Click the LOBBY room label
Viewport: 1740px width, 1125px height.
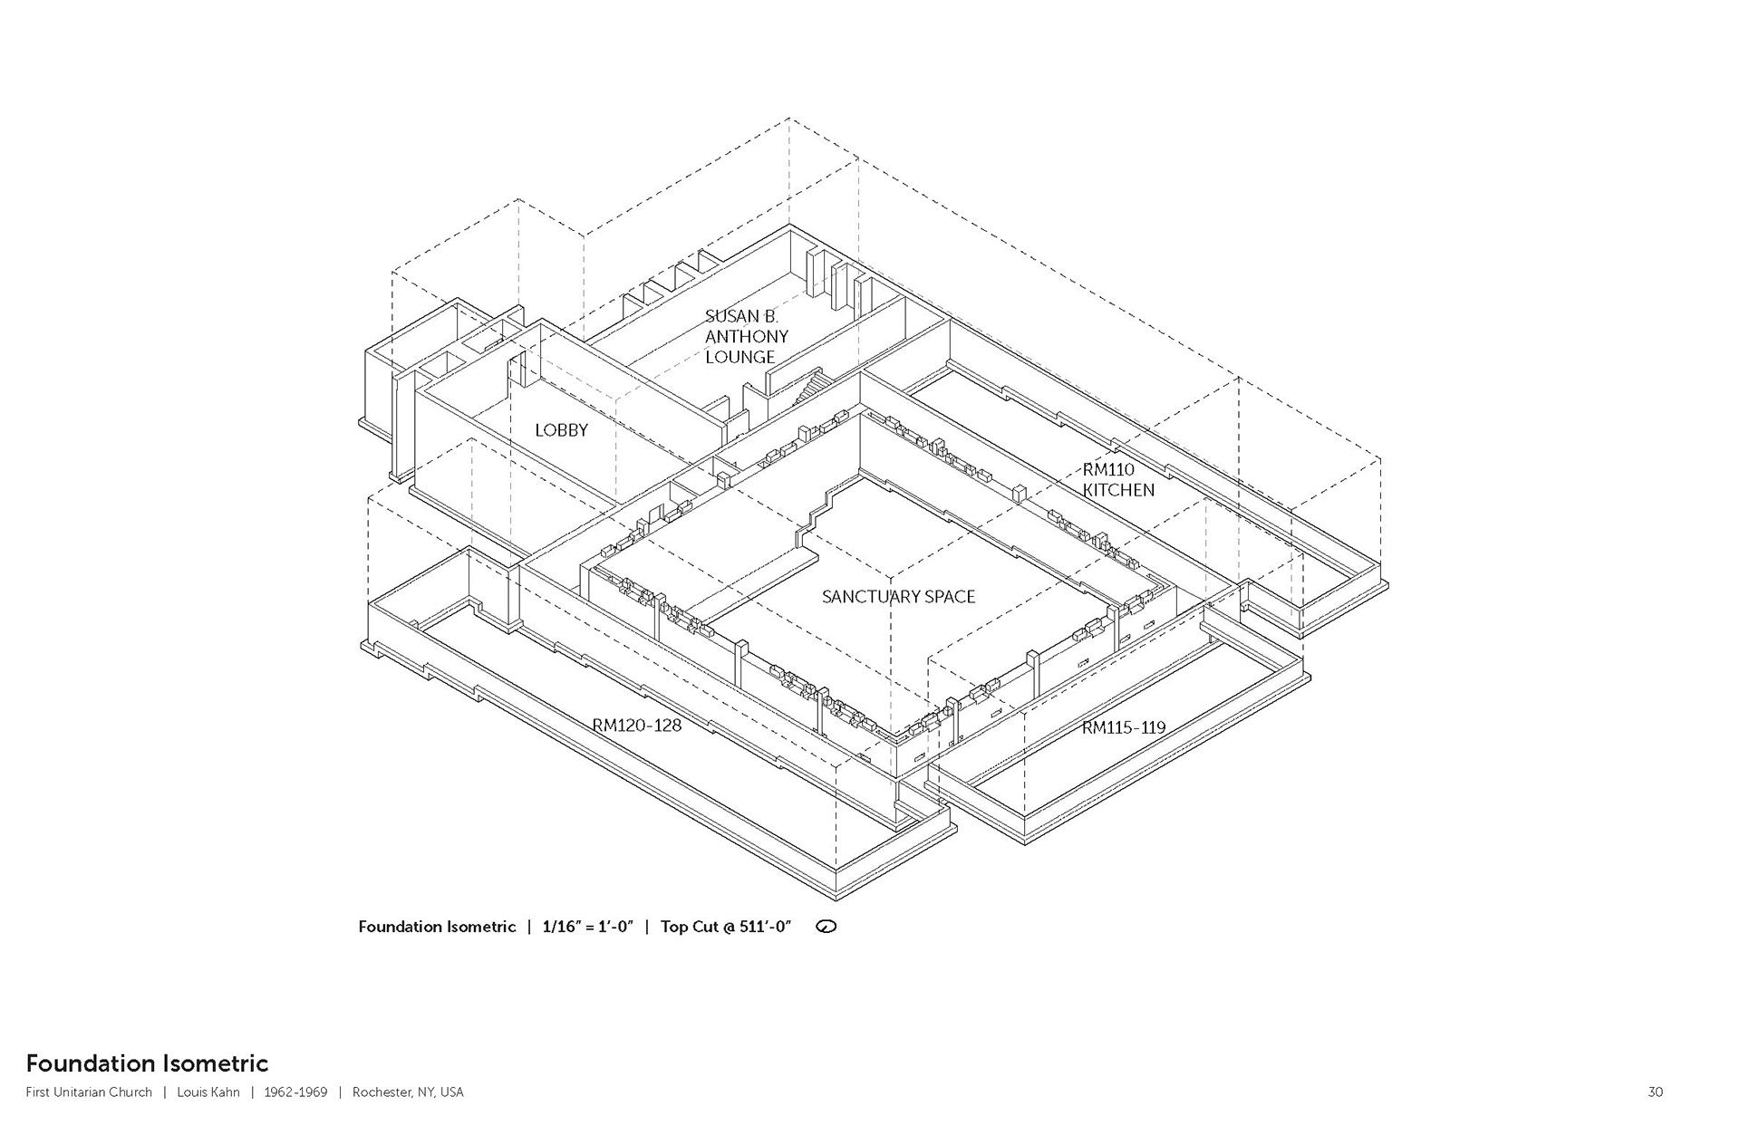tap(561, 430)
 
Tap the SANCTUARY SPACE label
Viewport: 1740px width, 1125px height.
tap(898, 597)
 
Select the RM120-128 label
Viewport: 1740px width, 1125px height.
tap(637, 726)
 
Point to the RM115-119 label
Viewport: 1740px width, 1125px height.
tap(1124, 727)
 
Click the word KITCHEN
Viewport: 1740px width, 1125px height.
tap(1118, 490)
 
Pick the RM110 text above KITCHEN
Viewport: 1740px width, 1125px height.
tap(1108, 469)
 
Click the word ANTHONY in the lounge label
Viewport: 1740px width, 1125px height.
tap(747, 337)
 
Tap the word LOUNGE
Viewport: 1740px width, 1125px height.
tap(740, 357)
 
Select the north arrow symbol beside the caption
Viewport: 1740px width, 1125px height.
tap(826, 927)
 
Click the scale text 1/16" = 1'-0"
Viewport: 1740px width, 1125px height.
tap(588, 927)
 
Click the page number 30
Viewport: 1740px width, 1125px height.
tap(1655, 1092)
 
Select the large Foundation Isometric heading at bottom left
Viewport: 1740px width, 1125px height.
tap(147, 1062)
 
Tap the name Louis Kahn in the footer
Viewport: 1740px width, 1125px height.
tap(208, 1092)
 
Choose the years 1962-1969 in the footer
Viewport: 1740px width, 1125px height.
tap(295, 1092)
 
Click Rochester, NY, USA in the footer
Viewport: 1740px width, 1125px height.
tap(408, 1092)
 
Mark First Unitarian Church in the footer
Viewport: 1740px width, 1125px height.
tap(89, 1092)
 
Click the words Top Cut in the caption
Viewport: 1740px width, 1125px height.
tap(688, 927)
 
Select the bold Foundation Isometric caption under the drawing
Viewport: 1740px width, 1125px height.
tap(437, 927)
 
